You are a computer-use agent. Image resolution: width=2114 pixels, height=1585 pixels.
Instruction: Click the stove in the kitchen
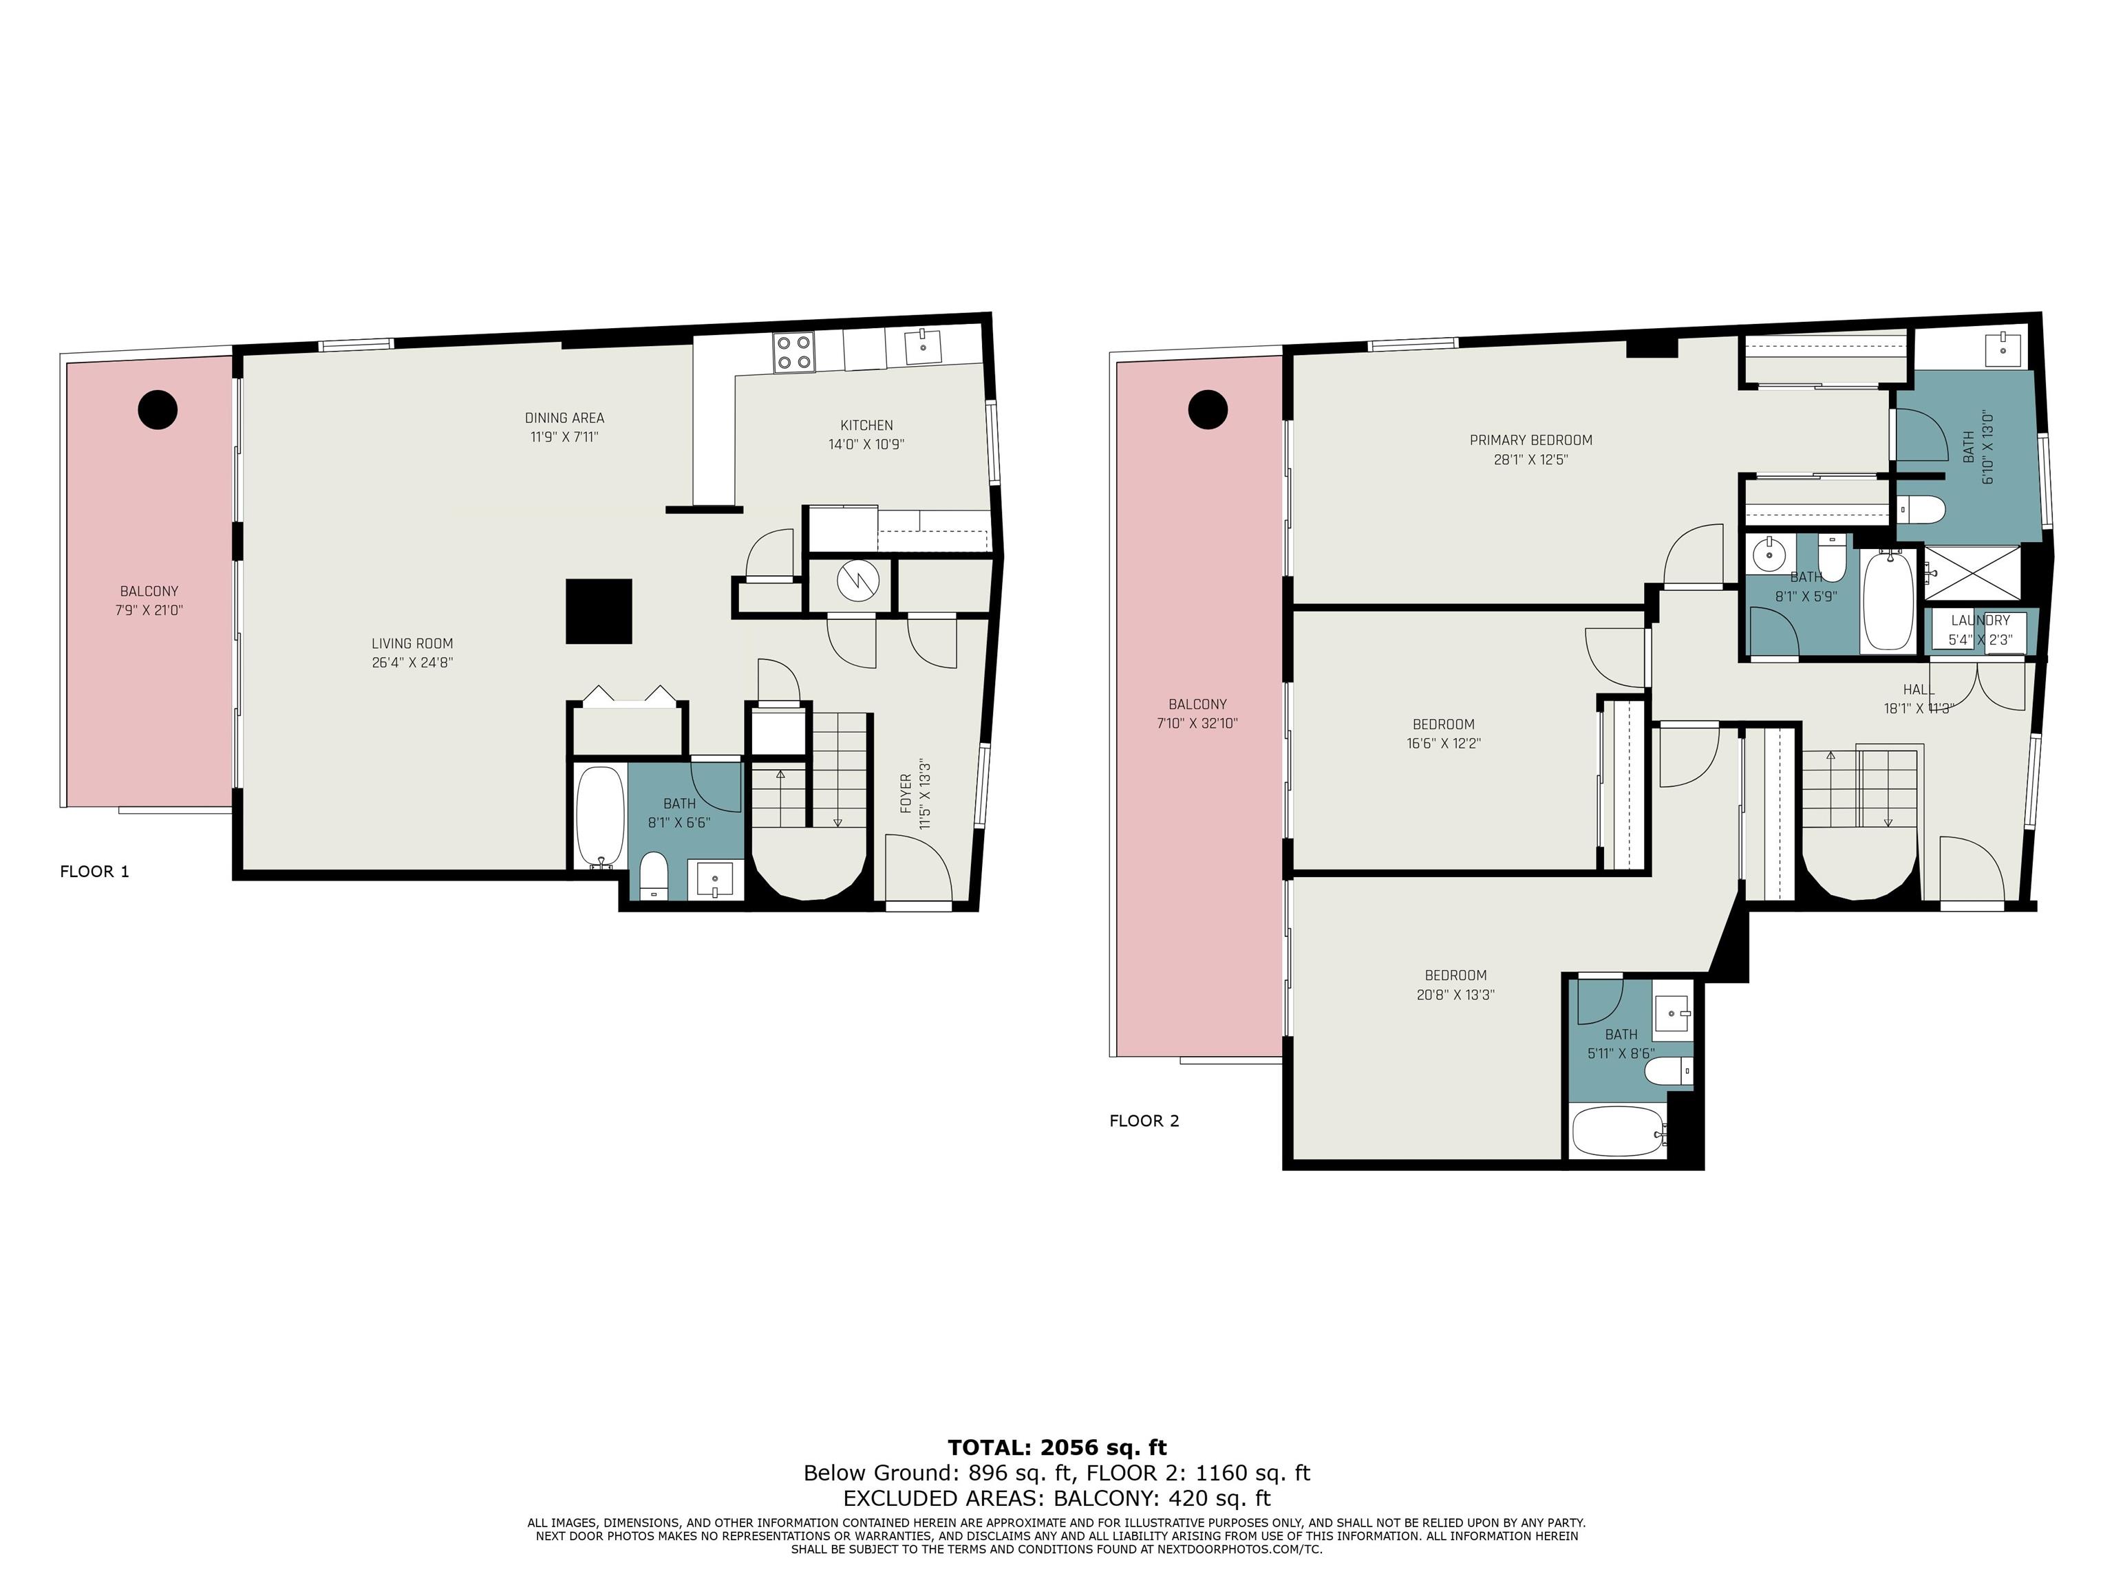pyautogui.click(x=793, y=352)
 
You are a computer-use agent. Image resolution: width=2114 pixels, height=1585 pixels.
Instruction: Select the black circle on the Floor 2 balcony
pyautogui.click(x=1207, y=410)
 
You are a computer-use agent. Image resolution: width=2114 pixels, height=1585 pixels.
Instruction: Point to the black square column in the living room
pyautogui.click(x=599, y=612)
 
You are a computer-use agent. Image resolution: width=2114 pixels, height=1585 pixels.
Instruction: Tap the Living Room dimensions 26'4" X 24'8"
pyautogui.click(x=412, y=662)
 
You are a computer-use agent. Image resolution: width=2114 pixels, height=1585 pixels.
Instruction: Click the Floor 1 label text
pyautogui.click(x=94, y=872)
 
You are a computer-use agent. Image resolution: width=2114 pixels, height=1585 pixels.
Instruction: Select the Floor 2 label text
pyautogui.click(x=1144, y=1121)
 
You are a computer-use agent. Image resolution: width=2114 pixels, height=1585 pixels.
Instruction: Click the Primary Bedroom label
pyautogui.click(x=1531, y=440)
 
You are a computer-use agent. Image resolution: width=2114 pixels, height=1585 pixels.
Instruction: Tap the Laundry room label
pyautogui.click(x=1980, y=620)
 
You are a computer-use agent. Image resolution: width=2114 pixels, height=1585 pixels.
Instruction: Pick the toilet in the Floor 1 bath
pyautogui.click(x=654, y=876)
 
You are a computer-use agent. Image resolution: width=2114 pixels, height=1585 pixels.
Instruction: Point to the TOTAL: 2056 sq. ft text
pyautogui.click(x=1057, y=1447)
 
